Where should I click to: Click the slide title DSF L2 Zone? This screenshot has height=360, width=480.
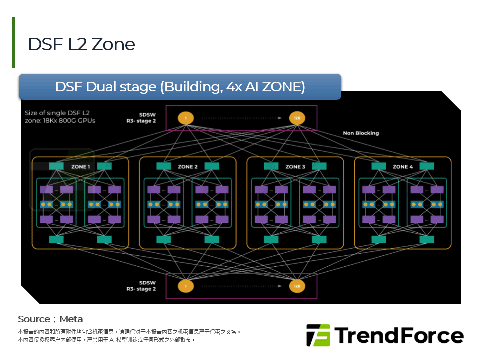[81, 44]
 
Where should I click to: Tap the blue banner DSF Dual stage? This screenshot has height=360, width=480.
[180, 87]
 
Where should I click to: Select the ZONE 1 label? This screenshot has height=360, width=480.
[80, 166]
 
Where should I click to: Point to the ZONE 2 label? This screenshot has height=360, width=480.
[188, 166]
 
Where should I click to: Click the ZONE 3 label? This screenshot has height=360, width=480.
[295, 166]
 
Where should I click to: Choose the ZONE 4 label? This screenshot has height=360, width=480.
[403, 166]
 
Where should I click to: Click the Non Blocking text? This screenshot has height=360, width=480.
[361, 133]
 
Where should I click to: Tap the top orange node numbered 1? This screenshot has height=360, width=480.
[186, 118]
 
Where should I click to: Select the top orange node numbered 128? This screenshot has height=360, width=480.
[297, 118]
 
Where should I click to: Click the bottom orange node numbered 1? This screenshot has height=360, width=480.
[186, 286]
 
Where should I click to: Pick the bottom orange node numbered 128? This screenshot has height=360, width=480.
[297, 286]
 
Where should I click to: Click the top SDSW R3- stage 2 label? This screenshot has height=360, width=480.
[141, 117]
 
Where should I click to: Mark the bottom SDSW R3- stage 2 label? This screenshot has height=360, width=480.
[141, 286]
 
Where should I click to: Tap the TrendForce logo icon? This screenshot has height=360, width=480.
[318, 335]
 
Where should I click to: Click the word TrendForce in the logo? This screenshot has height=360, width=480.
[398, 335]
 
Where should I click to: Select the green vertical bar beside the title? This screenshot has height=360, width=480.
[14, 42]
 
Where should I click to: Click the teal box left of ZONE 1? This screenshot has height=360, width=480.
[56, 166]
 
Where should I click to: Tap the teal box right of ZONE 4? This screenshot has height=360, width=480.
[427, 166]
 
